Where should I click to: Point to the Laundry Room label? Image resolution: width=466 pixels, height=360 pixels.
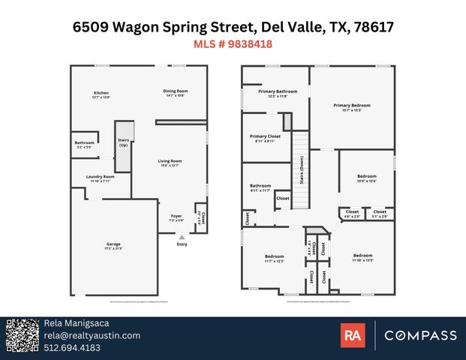101,178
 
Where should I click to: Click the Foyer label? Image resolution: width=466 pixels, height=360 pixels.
176,217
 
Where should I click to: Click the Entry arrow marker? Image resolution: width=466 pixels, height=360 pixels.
181,238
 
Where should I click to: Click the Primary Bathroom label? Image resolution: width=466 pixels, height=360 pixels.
273,94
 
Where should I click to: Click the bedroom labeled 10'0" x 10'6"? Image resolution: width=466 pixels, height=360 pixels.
366,178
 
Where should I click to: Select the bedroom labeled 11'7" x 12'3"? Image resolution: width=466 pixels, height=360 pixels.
273,258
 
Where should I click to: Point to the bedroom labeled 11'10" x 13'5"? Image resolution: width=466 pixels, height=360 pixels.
362,259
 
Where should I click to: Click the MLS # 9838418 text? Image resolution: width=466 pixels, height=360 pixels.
233,44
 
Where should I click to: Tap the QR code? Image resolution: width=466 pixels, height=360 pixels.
22,335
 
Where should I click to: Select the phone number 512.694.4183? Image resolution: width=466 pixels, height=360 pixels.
73,347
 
